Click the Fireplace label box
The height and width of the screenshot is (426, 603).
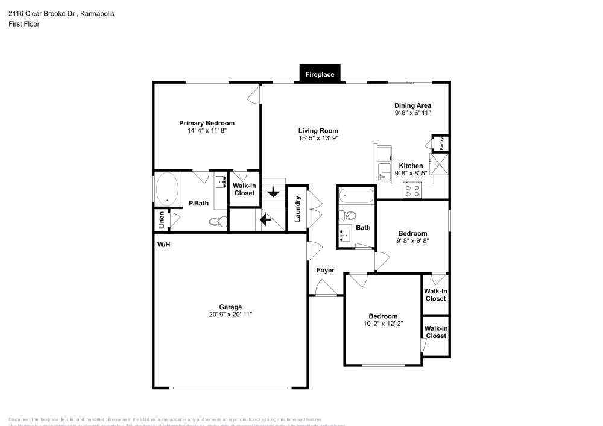pyautogui.click(x=320, y=74)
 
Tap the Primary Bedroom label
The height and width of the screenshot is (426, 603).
pyautogui.click(x=206, y=123)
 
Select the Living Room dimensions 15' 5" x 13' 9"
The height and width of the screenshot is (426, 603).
pyautogui.click(x=318, y=138)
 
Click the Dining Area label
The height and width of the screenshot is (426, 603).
pyautogui.click(x=412, y=105)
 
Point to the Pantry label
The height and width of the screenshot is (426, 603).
pyautogui.click(x=441, y=143)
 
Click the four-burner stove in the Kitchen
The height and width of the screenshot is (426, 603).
pyautogui.click(x=413, y=191)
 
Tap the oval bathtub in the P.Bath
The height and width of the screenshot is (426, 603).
pyautogui.click(x=166, y=189)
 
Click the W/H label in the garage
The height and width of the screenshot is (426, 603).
pyautogui.click(x=163, y=245)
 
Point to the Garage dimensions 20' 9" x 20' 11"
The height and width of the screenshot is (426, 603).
pyautogui.click(x=230, y=314)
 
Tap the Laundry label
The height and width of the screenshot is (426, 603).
pyautogui.click(x=297, y=208)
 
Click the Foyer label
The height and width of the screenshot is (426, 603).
pyautogui.click(x=325, y=271)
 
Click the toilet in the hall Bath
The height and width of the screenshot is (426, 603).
pyautogui.click(x=349, y=216)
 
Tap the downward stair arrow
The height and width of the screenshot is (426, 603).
pyautogui.click(x=273, y=193)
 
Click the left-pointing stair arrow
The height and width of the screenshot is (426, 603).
pyautogui.click(x=265, y=219)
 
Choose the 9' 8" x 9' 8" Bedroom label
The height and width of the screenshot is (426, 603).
pyautogui.click(x=412, y=234)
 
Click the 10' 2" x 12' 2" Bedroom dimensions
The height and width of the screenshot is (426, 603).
pyautogui.click(x=383, y=324)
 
